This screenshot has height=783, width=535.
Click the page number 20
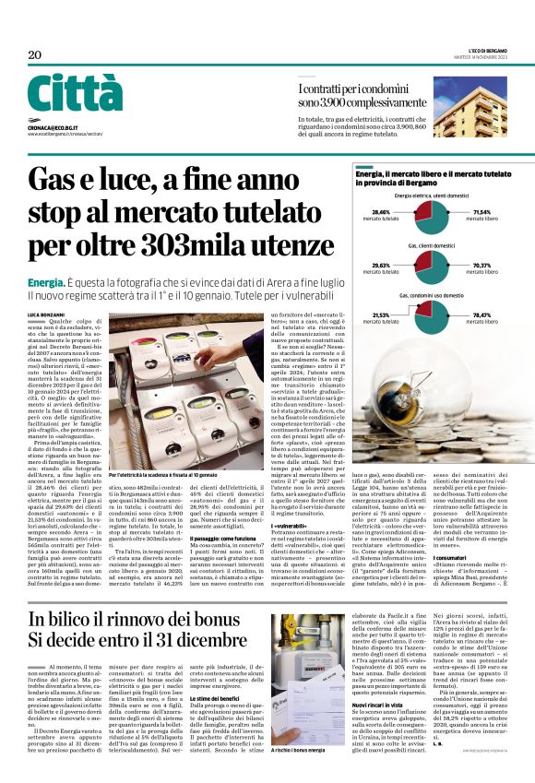(34, 54)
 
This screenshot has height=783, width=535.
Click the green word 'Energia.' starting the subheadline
(45, 280)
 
